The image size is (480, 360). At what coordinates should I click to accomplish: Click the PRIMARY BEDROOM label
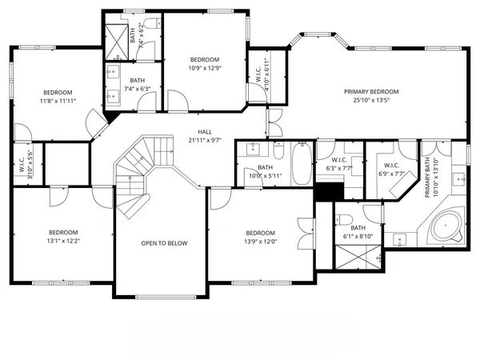[372, 91]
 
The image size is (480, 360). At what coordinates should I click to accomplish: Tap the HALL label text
[206, 132]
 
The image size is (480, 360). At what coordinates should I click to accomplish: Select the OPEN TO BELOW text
[164, 243]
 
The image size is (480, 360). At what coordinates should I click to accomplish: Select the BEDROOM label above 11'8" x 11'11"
[58, 92]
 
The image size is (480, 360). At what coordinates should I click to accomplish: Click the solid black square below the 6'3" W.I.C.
[326, 193]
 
